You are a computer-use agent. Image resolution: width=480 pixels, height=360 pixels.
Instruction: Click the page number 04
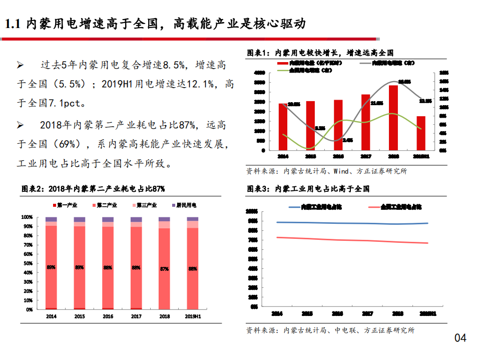460,338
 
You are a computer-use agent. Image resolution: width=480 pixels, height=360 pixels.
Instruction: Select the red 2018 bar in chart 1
393,118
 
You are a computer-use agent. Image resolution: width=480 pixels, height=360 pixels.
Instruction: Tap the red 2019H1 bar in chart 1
421,133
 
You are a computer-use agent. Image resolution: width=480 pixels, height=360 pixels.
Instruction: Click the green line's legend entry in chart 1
310,71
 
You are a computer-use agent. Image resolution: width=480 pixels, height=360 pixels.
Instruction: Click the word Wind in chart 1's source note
341,171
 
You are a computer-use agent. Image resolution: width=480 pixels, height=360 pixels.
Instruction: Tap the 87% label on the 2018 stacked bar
165,269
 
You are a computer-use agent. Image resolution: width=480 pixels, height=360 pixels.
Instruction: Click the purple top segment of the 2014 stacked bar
51,219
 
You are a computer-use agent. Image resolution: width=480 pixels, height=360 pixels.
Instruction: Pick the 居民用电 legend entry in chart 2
183,205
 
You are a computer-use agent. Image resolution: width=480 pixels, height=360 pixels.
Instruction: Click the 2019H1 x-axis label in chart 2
193,316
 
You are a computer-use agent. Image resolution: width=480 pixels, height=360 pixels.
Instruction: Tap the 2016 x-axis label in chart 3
338,314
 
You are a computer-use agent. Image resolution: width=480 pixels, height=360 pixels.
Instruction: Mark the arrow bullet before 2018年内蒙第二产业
21,125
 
